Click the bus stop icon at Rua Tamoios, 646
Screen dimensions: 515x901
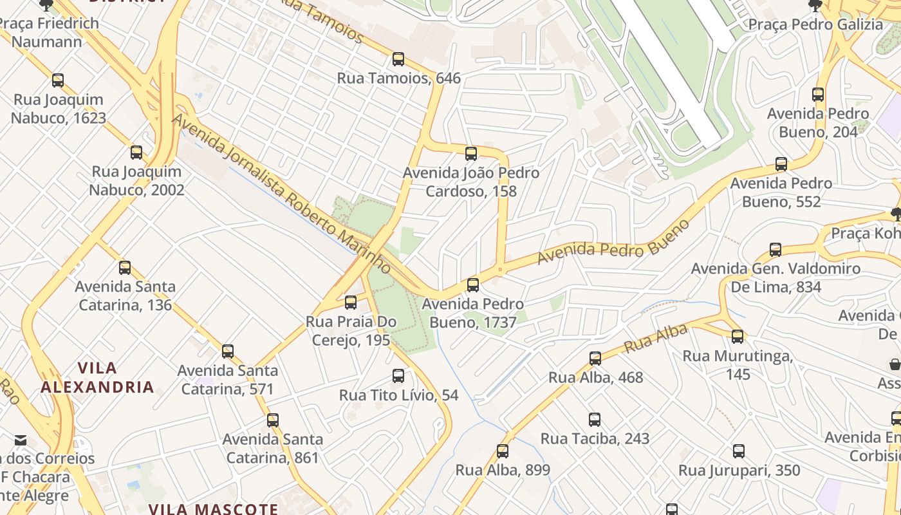coord(398,59)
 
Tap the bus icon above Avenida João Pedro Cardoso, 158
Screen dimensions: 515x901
coord(471,153)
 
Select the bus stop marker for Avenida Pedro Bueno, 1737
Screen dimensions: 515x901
coord(473,285)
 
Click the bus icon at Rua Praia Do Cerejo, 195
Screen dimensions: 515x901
coord(351,302)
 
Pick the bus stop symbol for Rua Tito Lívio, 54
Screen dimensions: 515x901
coord(398,376)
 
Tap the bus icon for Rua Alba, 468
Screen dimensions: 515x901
coord(595,358)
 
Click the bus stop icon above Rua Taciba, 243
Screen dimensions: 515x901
coord(595,420)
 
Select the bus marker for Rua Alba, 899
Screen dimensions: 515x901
coord(503,451)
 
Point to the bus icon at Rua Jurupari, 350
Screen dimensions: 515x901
coord(739,451)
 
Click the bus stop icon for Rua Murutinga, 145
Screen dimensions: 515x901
coord(738,336)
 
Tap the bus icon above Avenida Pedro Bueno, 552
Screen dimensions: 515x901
coord(781,164)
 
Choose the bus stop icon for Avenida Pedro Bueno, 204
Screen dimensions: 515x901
coord(818,95)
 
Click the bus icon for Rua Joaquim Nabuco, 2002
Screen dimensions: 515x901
coord(136,153)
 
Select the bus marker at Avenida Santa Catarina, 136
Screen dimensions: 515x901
coord(125,267)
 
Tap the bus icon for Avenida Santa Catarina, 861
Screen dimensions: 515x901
coord(273,420)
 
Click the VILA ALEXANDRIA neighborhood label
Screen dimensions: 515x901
coord(97,378)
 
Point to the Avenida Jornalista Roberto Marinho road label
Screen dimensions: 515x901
coord(281,193)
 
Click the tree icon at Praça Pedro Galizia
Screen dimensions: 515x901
coord(815,6)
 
